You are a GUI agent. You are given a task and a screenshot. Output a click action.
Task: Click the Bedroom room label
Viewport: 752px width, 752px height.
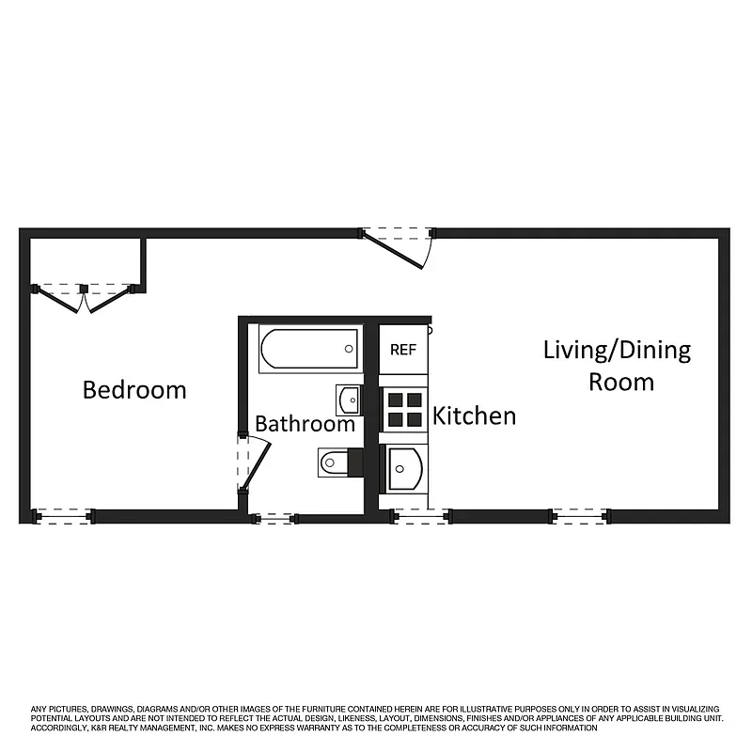pyautogui.click(x=134, y=389)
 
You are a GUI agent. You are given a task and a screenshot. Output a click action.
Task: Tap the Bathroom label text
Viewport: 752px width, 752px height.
pyautogui.click(x=305, y=424)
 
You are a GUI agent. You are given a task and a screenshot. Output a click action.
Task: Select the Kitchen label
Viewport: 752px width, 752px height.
pyautogui.click(x=474, y=415)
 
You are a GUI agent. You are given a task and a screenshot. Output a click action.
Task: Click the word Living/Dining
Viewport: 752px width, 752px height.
pyautogui.click(x=617, y=351)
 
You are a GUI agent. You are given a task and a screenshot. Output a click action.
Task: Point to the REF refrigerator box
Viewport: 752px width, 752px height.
pyautogui.click(x=403, y=350)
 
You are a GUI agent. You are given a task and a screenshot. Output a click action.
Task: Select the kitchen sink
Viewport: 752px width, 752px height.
pyautogui.click(x=403, y=468)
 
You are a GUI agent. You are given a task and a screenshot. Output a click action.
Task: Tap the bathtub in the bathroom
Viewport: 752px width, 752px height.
pyautogui.click(x=309, y=350)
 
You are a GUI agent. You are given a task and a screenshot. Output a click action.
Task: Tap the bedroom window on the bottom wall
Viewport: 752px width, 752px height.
pyautogui.click(x=64, y=515)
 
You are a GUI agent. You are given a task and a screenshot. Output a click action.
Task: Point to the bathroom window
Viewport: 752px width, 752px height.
pyautogui.click(x=274, y=518)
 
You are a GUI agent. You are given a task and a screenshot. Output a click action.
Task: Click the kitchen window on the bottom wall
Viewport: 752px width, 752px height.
pyautogui.click(x=419, y=515)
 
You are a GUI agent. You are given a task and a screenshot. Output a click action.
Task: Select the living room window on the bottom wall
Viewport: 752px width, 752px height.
pyautogui.click(x=579, y=515)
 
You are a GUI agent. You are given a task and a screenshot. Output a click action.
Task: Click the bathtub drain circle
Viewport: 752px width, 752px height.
pyautogui.click(x=349, y=349)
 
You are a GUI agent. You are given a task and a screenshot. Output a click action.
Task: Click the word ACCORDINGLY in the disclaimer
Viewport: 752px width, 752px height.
pyautogui.click(x=62, y=728)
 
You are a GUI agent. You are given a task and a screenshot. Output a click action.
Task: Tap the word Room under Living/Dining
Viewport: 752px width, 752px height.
pyautogui.click(x=621, y=382)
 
